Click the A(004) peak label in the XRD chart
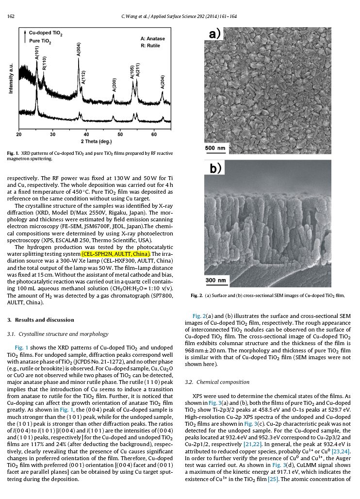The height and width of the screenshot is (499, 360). tap(79, 49)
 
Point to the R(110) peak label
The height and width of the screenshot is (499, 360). tap(44, 64)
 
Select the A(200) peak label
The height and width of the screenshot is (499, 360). tap(114, 84)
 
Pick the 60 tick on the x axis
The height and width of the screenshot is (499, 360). tap(154, 133)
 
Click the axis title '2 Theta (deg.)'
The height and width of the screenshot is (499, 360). tap(96, 141)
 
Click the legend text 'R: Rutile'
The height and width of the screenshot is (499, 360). tap(150, 45)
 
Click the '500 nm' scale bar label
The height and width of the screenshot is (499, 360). tap(215, 148)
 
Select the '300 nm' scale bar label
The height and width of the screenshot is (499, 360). tap(215, 280)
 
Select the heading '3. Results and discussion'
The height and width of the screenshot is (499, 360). tap(41, 320)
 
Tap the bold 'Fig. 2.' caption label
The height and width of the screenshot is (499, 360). tap(196, 295)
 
